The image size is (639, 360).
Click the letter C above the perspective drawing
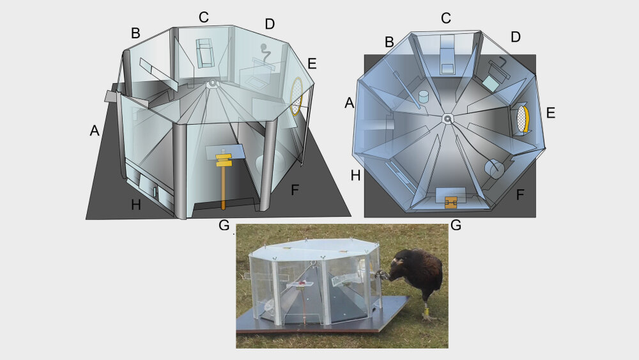[204, 17]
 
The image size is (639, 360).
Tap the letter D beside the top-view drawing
[516, 37]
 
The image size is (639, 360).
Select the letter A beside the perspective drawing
[95, 130]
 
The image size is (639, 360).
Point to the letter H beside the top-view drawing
[355, 176]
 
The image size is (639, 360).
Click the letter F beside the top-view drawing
[520, 195]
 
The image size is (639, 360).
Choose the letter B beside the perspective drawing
[135, 33]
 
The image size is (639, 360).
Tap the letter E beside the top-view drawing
[551, 113]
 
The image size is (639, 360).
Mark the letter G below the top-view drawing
[456, 224]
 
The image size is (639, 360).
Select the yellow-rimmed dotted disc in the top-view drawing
[523, 119]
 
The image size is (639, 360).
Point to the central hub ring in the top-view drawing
[448, 119]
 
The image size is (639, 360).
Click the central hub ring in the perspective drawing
[212, 84]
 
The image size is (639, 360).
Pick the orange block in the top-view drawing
[450, 203]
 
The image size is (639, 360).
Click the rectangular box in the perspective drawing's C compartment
[205, 54]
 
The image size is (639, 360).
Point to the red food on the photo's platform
[302, 282]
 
